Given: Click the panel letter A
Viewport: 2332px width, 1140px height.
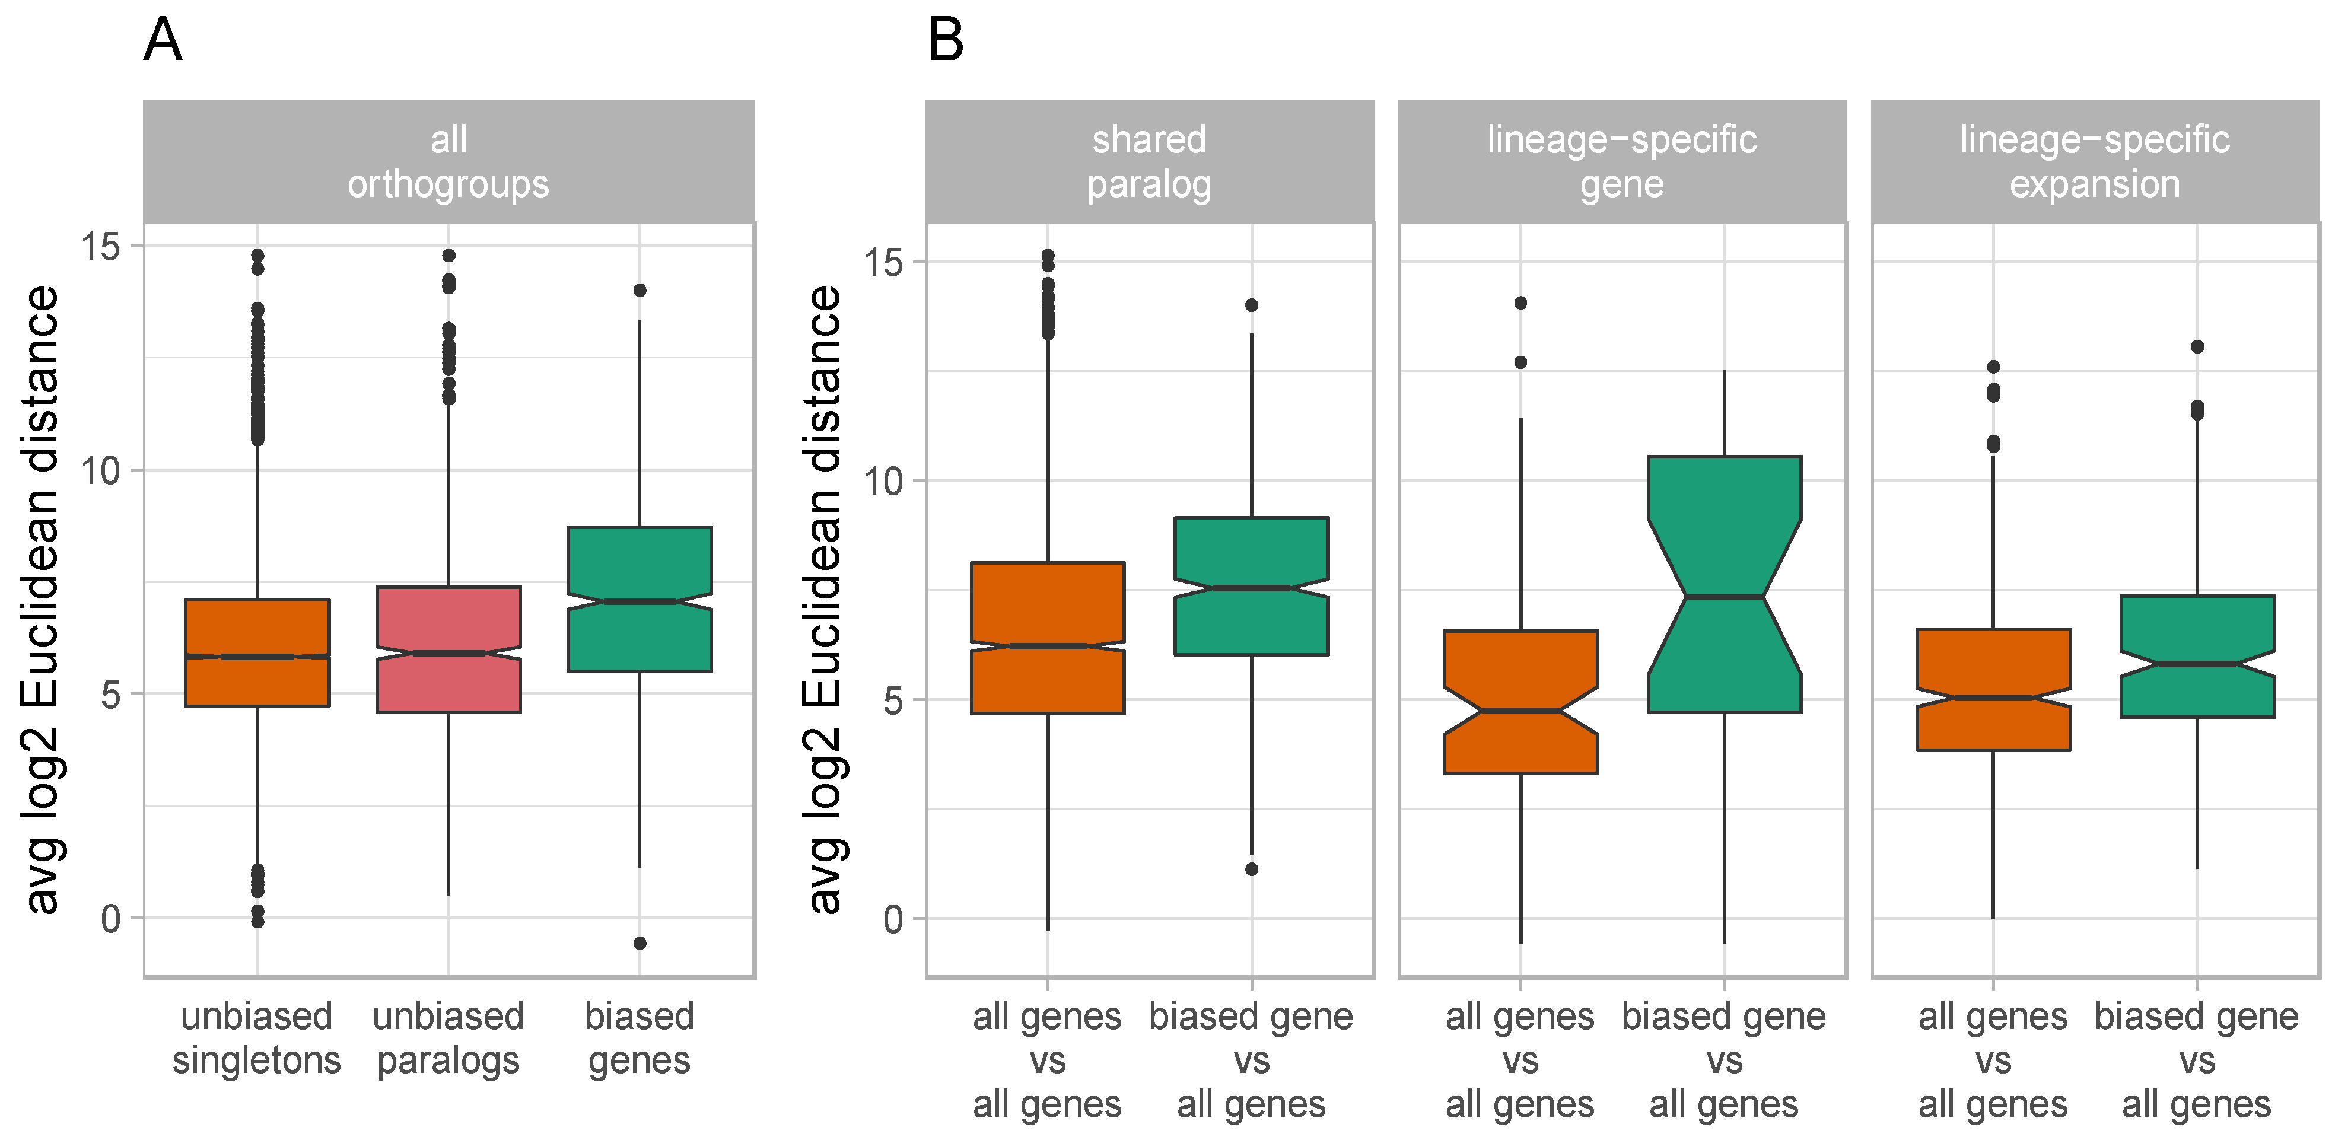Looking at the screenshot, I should pyautogui.click(x=163, y=41).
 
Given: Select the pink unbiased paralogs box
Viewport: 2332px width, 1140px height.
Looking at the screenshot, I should pyautogui.click(x=448, y=649).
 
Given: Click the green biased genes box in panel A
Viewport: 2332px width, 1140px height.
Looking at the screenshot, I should pyautogui.click(x=639, y=598).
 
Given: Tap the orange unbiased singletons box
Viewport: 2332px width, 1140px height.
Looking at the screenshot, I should pyautogui.click(x=257, y=652).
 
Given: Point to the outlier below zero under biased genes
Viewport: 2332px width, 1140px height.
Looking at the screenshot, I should pyautogui.click(x=639, y=942).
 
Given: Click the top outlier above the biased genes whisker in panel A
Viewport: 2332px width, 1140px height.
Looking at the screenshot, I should pyautogui.click(x=639, y=290).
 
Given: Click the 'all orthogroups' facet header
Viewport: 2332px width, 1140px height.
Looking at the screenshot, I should pyautogui.click(x=448, y=161).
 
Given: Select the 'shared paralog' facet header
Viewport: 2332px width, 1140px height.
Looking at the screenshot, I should pyautogui.click(x=1149, y=161).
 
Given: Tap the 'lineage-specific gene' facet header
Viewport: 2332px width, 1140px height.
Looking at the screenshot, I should pyautogui.click(x=1621, y=161).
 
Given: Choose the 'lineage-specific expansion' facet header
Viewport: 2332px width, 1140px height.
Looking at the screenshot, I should pyautogui.click(x=2094, y=161).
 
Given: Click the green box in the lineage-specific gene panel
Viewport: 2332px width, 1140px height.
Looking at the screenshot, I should pyautogui.click(x=1724, y=584).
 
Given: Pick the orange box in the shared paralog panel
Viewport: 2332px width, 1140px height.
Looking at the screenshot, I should pyautogui.click(x=1048, y=638).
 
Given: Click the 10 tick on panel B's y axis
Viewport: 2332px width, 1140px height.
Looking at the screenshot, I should pyautogui.click(x=883, y=481).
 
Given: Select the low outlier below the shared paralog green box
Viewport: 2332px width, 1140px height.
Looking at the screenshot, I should pyautogui.click(x=1251, y=870).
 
